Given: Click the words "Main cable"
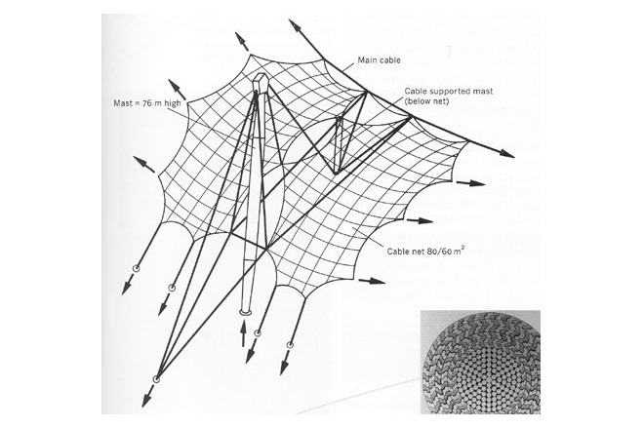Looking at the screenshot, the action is point(379,60).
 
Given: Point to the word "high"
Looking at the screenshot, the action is point(173,103).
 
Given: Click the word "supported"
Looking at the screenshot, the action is point(448,92).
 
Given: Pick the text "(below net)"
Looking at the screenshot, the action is point(426,101).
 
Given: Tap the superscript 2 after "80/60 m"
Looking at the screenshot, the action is point(462,248).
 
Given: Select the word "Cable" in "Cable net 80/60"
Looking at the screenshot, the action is point(396,251).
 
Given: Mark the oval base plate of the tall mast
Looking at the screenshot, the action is point(246,313).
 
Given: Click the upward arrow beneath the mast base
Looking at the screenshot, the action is point(243,332).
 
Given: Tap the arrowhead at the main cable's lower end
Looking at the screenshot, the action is point(506,154).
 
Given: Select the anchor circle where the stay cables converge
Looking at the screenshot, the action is point(156,379).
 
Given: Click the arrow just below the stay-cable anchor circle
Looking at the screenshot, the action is point(147,396).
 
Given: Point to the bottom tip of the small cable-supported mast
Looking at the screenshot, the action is point(336,174).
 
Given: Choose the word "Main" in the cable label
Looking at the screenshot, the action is point(367,60).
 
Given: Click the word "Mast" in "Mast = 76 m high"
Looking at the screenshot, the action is point(123,103).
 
